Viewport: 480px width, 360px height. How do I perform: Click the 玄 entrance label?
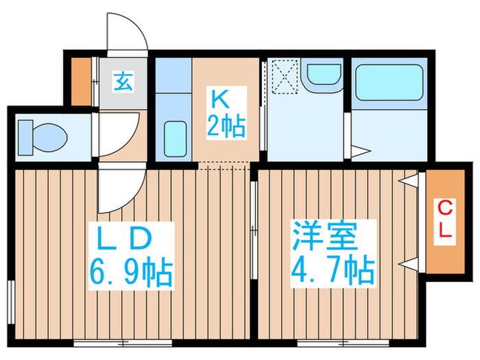[x=123, y=83]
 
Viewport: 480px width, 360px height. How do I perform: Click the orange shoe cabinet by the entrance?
[x=82, y=81]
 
